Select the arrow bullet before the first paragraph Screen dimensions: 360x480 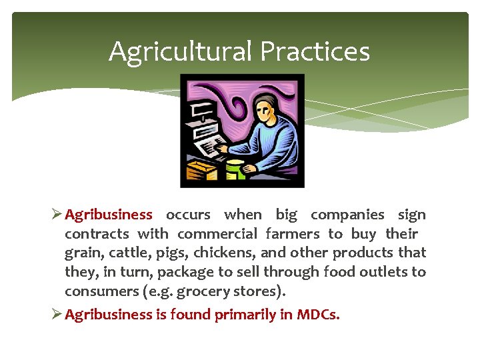click(56, 215)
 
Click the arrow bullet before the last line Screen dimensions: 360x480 click(56, 315)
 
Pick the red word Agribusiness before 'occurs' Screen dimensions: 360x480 click(109, 215)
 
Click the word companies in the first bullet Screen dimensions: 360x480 click(347, 215)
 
